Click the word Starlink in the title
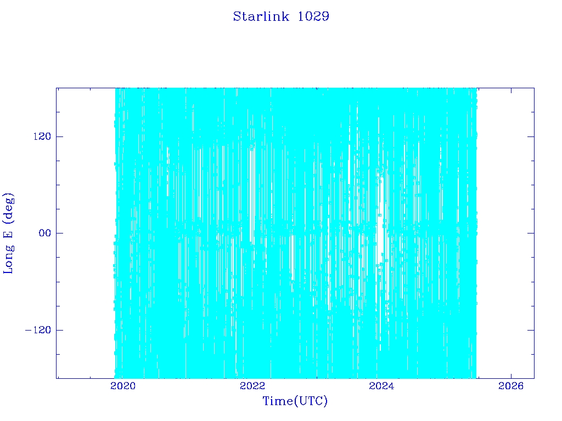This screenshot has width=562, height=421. [x=261, y=16]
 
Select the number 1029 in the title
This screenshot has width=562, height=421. [x=313, y=16]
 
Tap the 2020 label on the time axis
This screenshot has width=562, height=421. [x=123, y=386]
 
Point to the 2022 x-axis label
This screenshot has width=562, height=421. [x=252, y=386]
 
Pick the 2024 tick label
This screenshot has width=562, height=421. [x=381, y=386]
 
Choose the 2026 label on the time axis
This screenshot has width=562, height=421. [x=511, y=386]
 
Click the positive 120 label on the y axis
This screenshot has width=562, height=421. [x=42, y=136]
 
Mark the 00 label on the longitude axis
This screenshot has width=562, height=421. [x=45, y=233]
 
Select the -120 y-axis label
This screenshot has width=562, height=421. [x=38, y=329]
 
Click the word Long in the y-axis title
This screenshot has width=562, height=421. [x=8, y=259]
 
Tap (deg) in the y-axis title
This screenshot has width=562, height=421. [x=8, y=207]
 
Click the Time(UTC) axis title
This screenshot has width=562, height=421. [x=295, y=401]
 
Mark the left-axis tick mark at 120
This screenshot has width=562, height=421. [x=59, y=136]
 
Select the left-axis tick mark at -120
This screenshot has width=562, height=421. [x=59, y=330]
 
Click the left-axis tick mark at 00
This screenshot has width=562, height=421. [x=59, y=233]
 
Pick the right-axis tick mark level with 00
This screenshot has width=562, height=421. [x=531, y=233]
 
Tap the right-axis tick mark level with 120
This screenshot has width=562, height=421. [x=531, y=136]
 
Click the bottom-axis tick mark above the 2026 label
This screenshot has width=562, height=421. [x=511, y=375]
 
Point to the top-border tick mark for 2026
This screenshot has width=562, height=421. [x=511, y=91]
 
